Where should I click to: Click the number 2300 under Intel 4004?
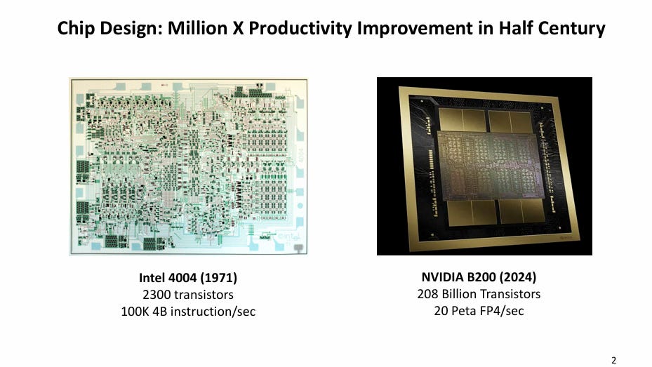(157, 295)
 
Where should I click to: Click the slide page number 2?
(613, 361)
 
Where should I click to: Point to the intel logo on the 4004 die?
(288, 237)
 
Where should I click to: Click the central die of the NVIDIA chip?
(491, 168)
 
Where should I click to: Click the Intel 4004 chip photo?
(188, 166)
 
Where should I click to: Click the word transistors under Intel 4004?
(204, 295)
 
